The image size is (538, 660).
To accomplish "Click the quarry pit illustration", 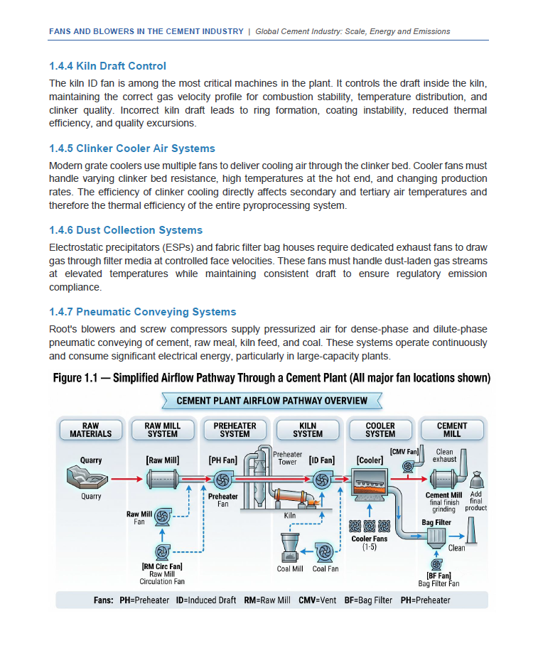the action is tap(87, 477).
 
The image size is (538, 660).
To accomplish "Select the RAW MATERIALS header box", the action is tap(91, 430).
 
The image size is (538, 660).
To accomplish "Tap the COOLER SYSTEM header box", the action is tap(380, 430).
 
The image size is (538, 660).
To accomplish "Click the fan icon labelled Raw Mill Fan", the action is tap(163, 516).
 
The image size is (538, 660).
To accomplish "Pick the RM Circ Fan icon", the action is tap(163, 552).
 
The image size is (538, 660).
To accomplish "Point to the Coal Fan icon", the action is tap(325, 552).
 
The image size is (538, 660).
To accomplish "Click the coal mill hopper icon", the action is tap(290, 547).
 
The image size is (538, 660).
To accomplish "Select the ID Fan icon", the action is tap(322, 480).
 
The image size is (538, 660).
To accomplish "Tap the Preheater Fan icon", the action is tap(222, 480).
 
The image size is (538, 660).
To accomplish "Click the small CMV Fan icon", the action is tap(408, 466).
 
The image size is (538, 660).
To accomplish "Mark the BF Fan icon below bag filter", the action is tap(436, 564).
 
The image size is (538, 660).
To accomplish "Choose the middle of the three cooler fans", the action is tap(369, 526).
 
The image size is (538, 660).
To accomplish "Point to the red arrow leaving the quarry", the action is tap(127, 479).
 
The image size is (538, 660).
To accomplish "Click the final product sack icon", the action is tap(476, 480).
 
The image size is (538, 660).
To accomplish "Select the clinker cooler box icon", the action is tap(369, 485).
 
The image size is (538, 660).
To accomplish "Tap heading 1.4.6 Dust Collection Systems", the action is tap(126, 230).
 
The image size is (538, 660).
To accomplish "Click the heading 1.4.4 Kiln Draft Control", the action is tap(108, 66).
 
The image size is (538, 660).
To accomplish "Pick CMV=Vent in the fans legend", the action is tap(318, 600).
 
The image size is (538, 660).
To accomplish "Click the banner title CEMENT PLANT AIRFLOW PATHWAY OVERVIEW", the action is tap(272, 401).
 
